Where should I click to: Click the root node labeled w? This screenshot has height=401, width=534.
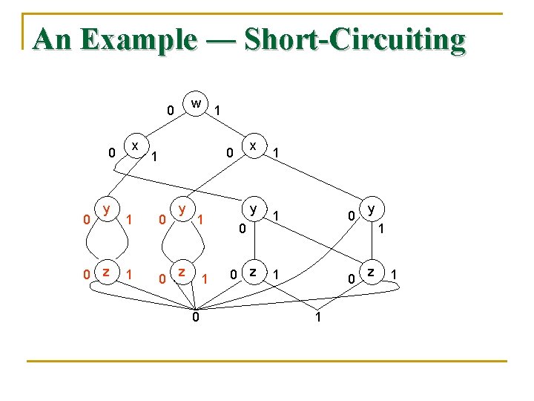195,102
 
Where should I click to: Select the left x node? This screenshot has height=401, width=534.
135,146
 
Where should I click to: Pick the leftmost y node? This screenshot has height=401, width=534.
108,210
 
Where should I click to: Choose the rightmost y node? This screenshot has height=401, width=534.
372,209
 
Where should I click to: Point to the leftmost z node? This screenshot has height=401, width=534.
108,273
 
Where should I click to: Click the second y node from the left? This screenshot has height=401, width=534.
181,210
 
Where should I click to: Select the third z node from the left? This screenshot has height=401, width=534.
254,272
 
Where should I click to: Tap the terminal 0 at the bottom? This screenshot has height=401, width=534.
195,318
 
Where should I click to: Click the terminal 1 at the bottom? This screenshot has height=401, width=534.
318,318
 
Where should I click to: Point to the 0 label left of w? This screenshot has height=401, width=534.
170,111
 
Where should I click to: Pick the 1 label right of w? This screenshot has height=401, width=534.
217,111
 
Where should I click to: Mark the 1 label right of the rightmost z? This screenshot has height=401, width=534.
395,276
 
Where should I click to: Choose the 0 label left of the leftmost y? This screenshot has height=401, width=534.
87,220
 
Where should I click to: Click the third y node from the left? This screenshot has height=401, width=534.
254,209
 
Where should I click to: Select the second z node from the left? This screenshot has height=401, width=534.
181,273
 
